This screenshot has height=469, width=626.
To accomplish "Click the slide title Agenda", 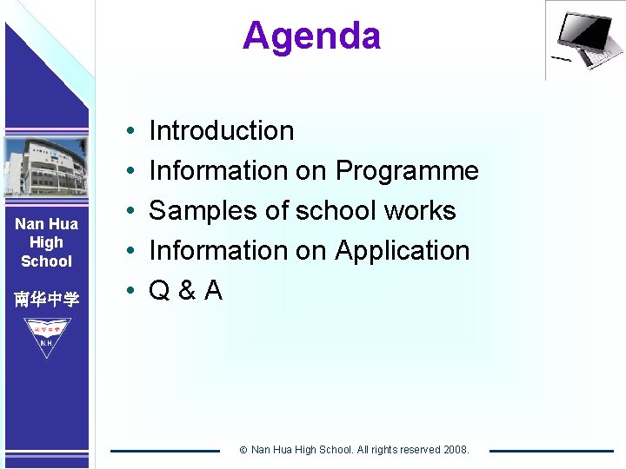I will tap(311, 36).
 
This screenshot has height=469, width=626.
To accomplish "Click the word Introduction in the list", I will tap(222, 131).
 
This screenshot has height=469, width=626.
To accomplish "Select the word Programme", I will tap(407, 171).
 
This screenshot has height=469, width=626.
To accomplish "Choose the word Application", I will tap(402, 250).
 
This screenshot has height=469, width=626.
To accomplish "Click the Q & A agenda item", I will tap(186, 290).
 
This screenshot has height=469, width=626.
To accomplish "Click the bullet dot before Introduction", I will tap(128, 132).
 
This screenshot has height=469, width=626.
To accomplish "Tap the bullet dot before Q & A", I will tap(128, 291).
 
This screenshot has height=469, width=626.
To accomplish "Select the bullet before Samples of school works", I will tap(128, 211).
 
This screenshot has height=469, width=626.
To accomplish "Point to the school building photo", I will tap(45, 168).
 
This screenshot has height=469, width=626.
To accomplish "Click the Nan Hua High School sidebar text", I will tap(46, 242).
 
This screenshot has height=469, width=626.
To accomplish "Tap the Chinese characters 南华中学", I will tap(46, 300).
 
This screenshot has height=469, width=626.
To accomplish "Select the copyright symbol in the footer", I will tap(243, 450).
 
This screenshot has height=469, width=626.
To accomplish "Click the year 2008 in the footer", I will tap(455, 450).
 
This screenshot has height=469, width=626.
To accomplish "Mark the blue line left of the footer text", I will tap(165, 450).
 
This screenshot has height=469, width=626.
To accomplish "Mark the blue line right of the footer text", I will tap(550, 450).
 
